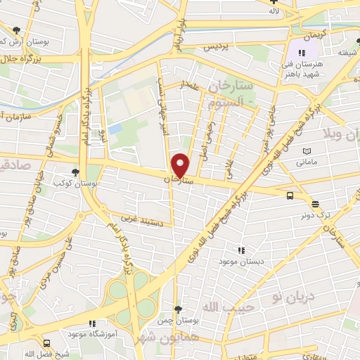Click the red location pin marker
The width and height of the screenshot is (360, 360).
point(181,165)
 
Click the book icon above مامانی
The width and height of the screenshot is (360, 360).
point(307,151)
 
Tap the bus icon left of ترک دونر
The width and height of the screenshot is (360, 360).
point(290,196)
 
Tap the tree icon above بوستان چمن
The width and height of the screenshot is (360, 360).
point(179,309)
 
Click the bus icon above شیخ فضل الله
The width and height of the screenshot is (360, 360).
point(46,344)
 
